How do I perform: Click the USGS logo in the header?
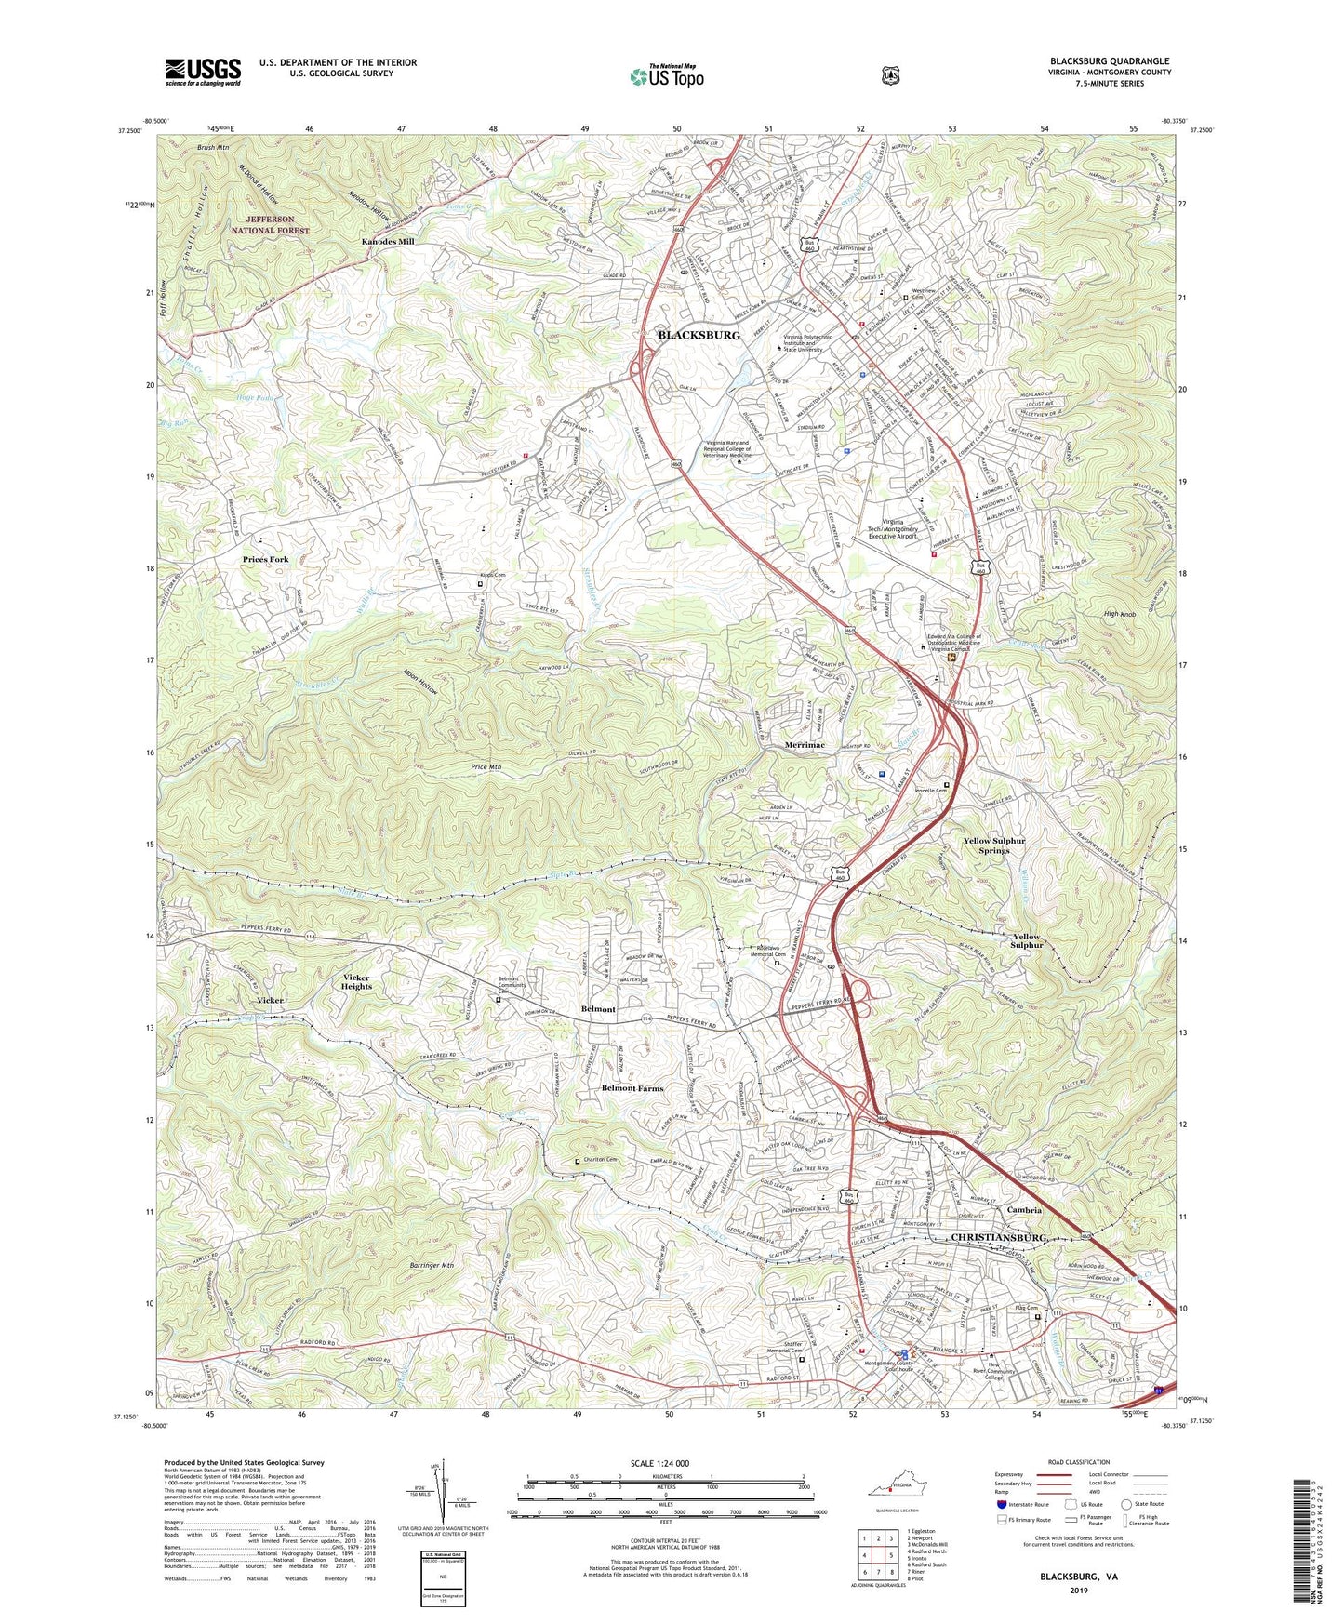tap(203, 72)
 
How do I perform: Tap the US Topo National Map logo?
tap(666, 76)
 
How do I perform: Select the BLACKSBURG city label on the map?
tap(699, 335)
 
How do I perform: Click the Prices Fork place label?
tap(265, 559)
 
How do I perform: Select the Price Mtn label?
tap(486, 766)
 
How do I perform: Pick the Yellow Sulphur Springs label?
tap(993, 845)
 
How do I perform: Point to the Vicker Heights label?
tap(357, 981)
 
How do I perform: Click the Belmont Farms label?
tap(632, 1087)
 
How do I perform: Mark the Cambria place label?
tap(1024, 1210)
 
